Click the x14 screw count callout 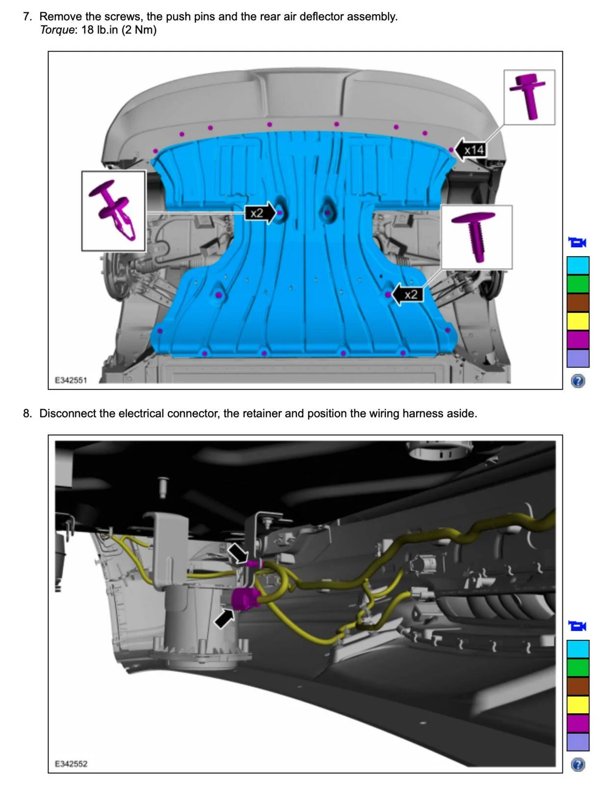point(471,150)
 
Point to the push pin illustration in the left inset point(113,209)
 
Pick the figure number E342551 point(71,380)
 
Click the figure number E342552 point(71,764)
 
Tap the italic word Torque point(57,30)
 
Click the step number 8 point(27,413)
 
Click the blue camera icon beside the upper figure point(577,242)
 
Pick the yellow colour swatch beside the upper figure point(578,321)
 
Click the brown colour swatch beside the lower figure point(578,686)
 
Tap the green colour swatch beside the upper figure point(578,284)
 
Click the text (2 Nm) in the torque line point(139,30)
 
